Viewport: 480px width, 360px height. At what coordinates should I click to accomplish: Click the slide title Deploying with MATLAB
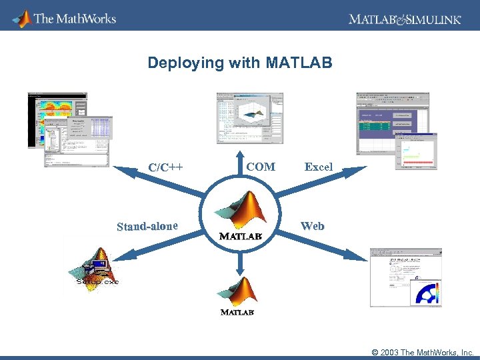click(x=239, y=63)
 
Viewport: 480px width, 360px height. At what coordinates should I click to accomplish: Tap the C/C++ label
click(x=165, y=167)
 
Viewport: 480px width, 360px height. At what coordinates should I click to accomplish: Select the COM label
click(x=261, y=167)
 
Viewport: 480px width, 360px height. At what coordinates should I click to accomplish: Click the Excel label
click(x=318, y=167)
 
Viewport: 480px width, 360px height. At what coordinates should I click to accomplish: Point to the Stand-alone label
click(x=147, y=226)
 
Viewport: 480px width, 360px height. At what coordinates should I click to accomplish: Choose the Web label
click(x=312, y=226)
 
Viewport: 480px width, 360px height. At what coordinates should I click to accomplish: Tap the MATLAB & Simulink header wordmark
click(x=404, y=19)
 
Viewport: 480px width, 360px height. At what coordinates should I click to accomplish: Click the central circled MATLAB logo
click(x=240, y=215)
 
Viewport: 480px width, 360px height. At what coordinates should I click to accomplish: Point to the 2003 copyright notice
click(x=422, y=352)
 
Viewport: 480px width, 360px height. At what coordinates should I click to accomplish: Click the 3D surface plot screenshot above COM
click(x=250, y=118)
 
